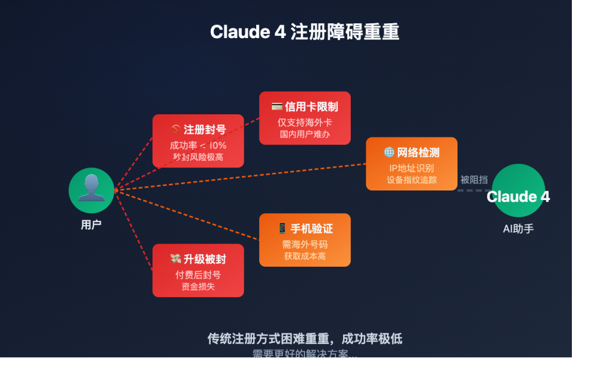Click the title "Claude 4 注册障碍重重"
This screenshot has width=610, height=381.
(304, 32)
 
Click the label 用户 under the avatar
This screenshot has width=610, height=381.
(91, 225)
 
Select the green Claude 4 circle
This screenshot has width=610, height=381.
(518, 191)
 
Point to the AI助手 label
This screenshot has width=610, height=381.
(518, 229)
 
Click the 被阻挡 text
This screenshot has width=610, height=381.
(474, 180)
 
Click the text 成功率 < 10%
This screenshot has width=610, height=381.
(198, 145)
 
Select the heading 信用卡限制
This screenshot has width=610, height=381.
(311, 107)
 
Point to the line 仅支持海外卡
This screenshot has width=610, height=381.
(304, 122)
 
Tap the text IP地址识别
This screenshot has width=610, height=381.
(412, 168)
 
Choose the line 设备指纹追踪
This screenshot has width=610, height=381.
(412, 180)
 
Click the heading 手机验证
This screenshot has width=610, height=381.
(312, 229)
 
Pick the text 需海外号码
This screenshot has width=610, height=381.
(304, 245)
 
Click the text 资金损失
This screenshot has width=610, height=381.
(198, 286)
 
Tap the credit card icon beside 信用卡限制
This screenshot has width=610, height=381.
(277, 107)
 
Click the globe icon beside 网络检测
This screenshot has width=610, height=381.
(389, 153)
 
